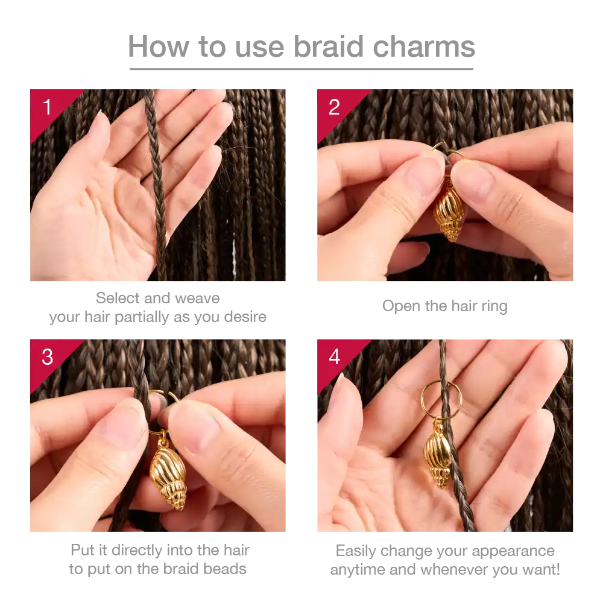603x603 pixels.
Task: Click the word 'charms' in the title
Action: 424,46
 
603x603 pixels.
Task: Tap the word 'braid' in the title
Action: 329,46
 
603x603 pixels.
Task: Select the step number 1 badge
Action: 48,107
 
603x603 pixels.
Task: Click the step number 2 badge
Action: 334,107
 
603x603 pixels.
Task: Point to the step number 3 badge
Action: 47,357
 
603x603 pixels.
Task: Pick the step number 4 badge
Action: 334,357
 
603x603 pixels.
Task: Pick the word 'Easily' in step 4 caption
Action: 356,551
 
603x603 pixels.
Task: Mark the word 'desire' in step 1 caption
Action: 245,317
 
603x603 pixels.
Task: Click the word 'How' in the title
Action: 159,46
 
